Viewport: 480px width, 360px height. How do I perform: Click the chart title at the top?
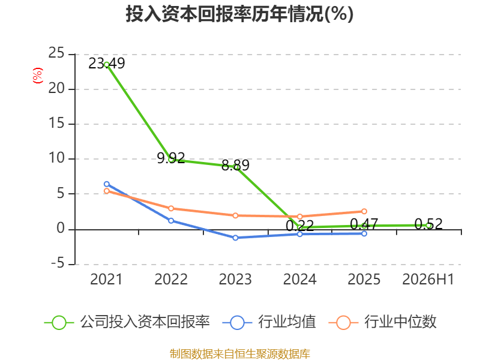pos(239,14)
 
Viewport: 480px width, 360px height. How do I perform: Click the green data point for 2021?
pos(107,65)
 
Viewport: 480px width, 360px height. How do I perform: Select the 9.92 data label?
pos(171,158)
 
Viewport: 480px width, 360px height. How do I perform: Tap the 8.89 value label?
pos(235,166)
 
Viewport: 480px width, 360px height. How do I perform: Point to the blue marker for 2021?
pos(107,184)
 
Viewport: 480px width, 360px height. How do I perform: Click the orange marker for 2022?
pos(171,208)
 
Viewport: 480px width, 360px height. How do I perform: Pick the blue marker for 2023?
pos(235,238)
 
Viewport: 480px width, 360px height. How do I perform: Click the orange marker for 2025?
pos(364,211)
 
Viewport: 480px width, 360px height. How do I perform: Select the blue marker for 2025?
pos(364,233)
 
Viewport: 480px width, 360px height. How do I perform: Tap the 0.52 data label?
pos(428,224)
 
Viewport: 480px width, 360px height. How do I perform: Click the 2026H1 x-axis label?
pos(428,279)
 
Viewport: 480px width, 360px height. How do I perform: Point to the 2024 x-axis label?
pos(299,279)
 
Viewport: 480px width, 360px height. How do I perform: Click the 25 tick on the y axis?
pos(56,53)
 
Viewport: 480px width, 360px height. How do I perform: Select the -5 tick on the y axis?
pos(58,263)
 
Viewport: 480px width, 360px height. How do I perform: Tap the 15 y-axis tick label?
pos(56,124)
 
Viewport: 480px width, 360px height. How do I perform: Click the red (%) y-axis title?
pos(38,76)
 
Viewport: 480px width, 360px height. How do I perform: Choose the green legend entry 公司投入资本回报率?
pos(127,322)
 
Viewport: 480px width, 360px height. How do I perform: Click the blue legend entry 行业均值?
pos(269,322)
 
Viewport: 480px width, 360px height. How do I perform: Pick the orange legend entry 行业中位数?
pos(382,322)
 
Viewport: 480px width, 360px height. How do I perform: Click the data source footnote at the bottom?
pos(240,354)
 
